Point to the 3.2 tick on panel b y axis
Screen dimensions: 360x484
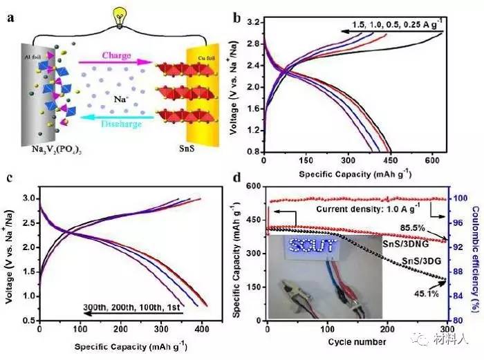[252, 23]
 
